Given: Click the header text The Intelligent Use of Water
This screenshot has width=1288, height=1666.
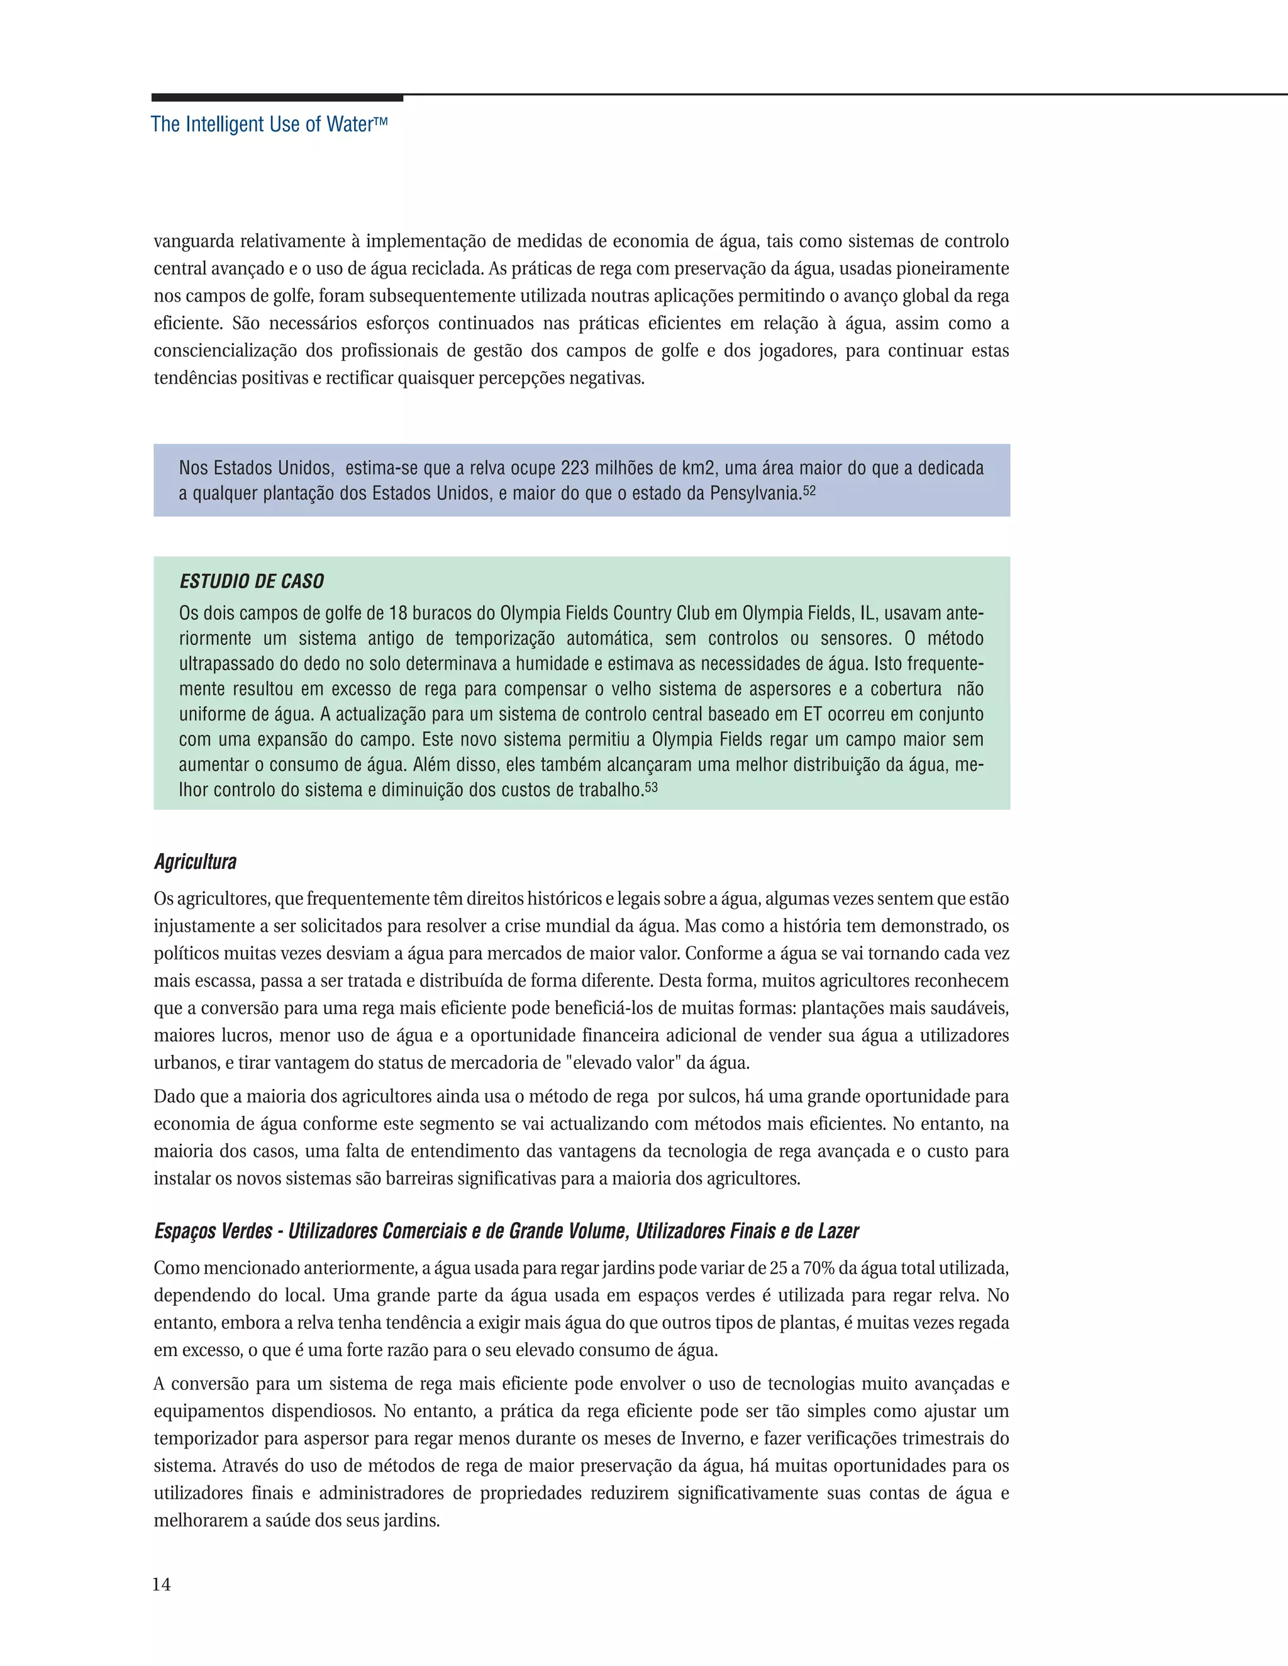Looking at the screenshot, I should tap(269, 124).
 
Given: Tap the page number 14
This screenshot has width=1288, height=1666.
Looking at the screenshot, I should tap(161, 1584).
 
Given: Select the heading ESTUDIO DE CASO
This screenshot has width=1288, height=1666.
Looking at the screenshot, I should tap(252, 582).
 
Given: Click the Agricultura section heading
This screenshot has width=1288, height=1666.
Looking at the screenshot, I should tap(196, 862).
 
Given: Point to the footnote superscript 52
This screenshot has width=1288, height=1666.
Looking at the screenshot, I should tap(809, 490).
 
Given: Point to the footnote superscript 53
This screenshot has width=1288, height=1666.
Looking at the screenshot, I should tap(651, 786).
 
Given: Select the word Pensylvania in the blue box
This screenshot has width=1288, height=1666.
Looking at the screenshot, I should tap(755, 494).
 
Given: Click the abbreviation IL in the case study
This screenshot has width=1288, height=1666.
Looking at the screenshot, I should tap(867, 614).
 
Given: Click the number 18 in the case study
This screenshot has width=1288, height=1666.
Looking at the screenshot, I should tap(399, 614).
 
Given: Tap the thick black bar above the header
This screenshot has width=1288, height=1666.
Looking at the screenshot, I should tap(277, 97).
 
